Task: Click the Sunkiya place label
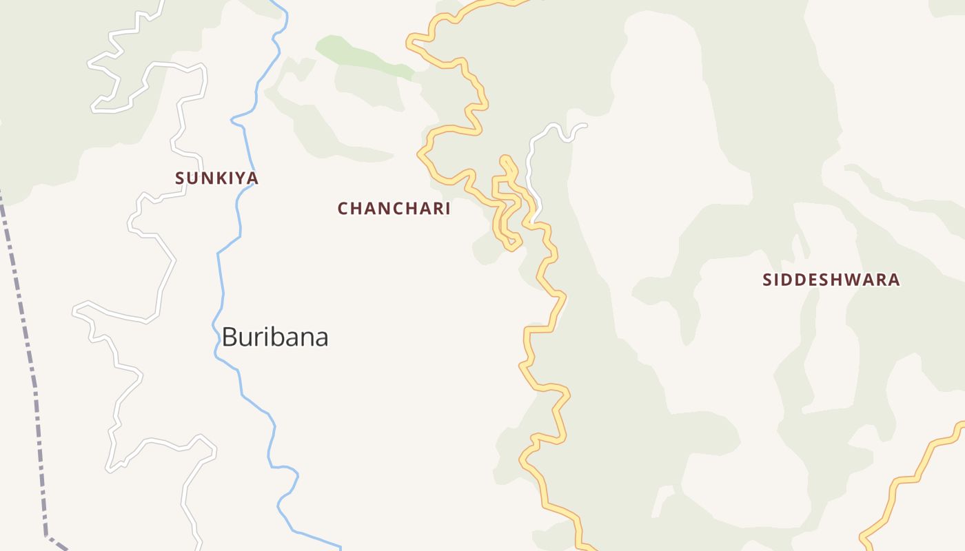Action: point(216,178)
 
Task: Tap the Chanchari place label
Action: point(394,209)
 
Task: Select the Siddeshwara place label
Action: point(831,280)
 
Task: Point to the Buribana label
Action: point(274,337)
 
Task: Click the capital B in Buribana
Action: point(230,337)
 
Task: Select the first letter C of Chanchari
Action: point(343,209)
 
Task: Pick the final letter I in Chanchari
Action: point(447,209)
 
